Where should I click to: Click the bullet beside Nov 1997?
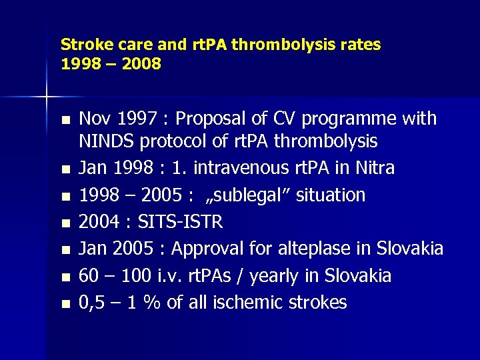click(64, 121)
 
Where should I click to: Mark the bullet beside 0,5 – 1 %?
click(64, 305)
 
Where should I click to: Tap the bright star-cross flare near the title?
click(46, 97)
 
